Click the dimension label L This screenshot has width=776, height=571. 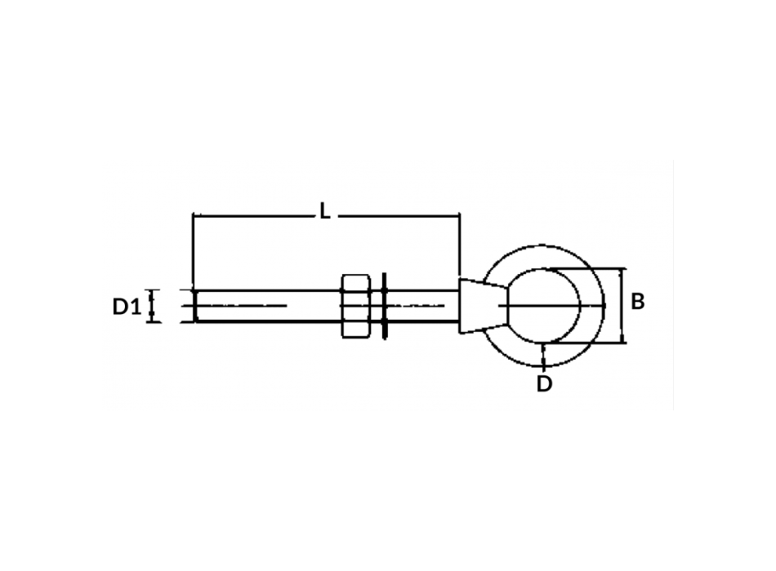[324, 212]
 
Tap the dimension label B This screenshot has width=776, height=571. [639, 302]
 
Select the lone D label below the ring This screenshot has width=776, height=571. [544, 385]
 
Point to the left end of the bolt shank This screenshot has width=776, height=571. [196, 306]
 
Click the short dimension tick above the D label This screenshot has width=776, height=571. [544, 357]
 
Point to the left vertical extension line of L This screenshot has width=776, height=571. [192, 245]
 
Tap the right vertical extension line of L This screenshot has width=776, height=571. [461, 245]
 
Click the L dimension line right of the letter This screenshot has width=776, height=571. [400, 215]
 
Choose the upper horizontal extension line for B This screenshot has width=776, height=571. [588, 268]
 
